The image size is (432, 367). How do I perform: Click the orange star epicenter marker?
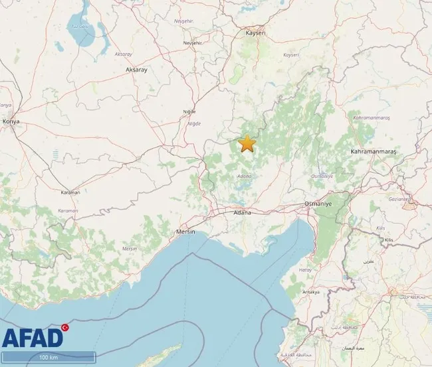click(x=247, y=143)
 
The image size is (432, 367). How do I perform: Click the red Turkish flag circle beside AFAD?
click(x=65, y=327)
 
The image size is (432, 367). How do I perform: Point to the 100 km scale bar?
click(x=47, y=358)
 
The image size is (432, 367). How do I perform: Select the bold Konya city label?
click(x=11, y=121)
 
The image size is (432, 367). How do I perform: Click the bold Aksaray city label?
click(x=136, y=68)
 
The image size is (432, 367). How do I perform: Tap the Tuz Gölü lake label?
click(x=80, y=27)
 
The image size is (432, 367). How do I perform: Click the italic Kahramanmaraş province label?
click(x=372, y=117)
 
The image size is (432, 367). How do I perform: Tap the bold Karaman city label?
click(x=68, y=192)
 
